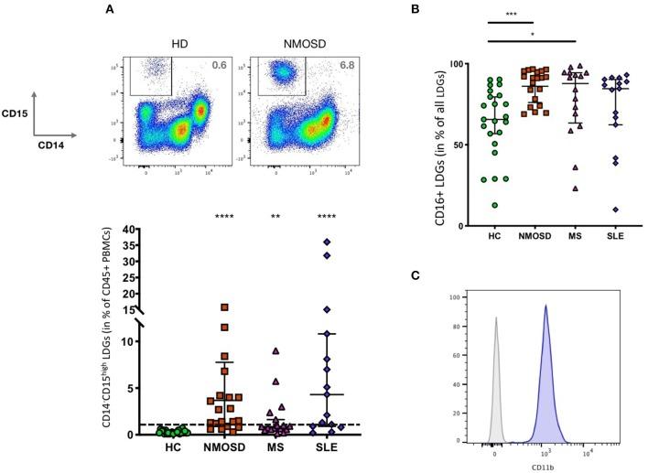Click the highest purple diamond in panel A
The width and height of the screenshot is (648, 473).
point(328,242)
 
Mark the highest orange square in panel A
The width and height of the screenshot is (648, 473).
point(223,307)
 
